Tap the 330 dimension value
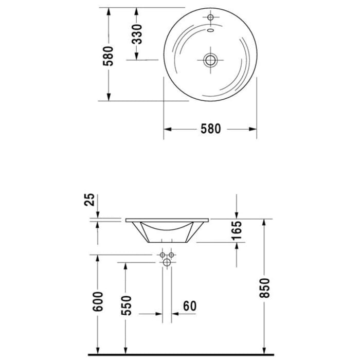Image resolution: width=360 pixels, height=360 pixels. point(136,34)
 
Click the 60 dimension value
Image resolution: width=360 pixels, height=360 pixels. point(190,305)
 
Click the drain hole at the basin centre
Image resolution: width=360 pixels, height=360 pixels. point(210,61)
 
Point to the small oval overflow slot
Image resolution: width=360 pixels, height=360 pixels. point(210,29)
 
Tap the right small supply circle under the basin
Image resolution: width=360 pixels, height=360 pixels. point(172,255)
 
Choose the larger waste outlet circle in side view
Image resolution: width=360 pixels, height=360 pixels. point(167,263)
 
